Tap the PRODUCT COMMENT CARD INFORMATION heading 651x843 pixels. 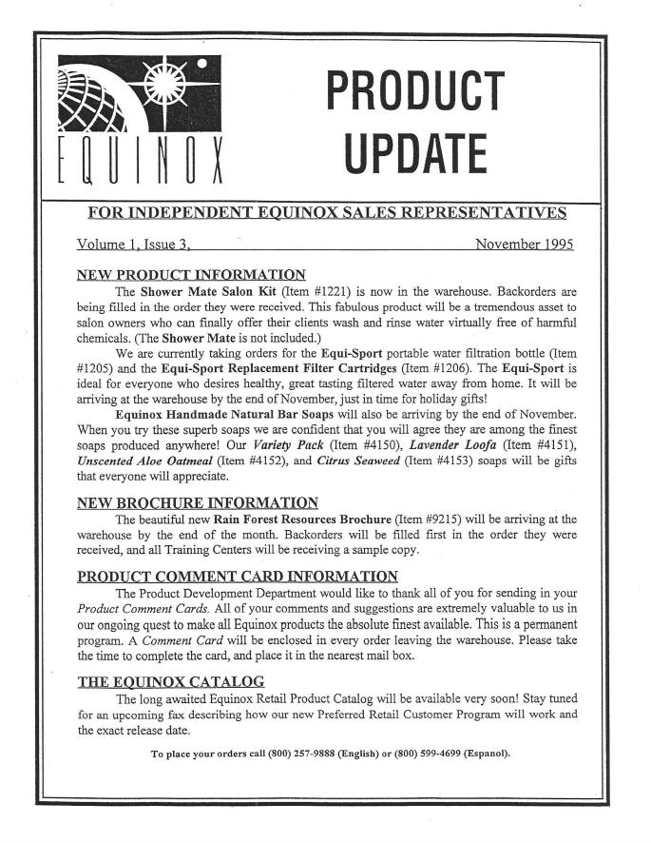237,576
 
